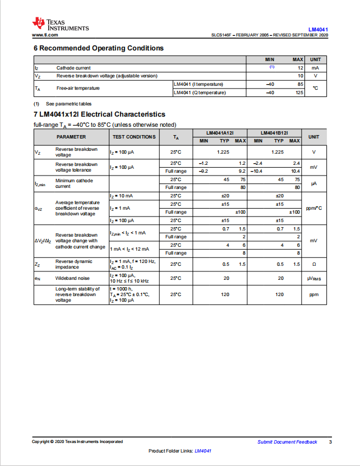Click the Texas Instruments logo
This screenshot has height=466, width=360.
60,24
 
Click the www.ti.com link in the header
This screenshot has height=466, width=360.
45,35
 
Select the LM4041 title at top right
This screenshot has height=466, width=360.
318,29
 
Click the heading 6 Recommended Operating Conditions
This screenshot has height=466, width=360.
99,48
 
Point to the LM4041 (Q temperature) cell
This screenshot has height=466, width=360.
200,92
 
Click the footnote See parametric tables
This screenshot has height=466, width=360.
68,104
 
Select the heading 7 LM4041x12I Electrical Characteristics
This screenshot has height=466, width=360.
99,114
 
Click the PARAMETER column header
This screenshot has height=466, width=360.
71,137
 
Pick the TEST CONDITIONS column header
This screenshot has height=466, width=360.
134,137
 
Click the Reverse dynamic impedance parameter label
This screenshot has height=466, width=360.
73,264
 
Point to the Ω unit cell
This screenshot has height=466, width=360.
313,264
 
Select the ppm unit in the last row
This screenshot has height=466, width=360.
313,294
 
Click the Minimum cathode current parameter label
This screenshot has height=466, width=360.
73,183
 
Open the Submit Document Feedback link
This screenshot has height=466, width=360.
287,442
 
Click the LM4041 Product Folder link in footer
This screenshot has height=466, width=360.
202,451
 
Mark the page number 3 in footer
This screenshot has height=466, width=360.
330,442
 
